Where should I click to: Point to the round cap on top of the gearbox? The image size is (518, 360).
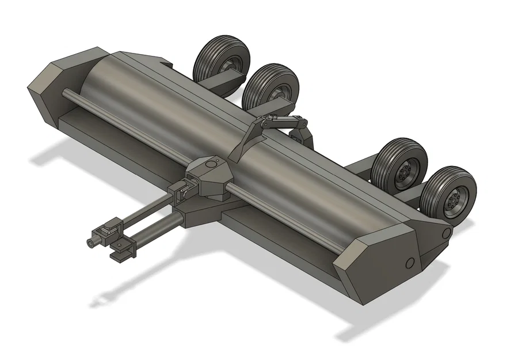(x=212, y=164)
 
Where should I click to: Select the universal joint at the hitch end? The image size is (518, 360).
(x=108, y=233)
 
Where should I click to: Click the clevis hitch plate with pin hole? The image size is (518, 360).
(x=120, y=249)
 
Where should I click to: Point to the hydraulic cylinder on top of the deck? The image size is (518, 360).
(x=281, y=122)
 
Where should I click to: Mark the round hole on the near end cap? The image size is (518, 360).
(x=410, y=263)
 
